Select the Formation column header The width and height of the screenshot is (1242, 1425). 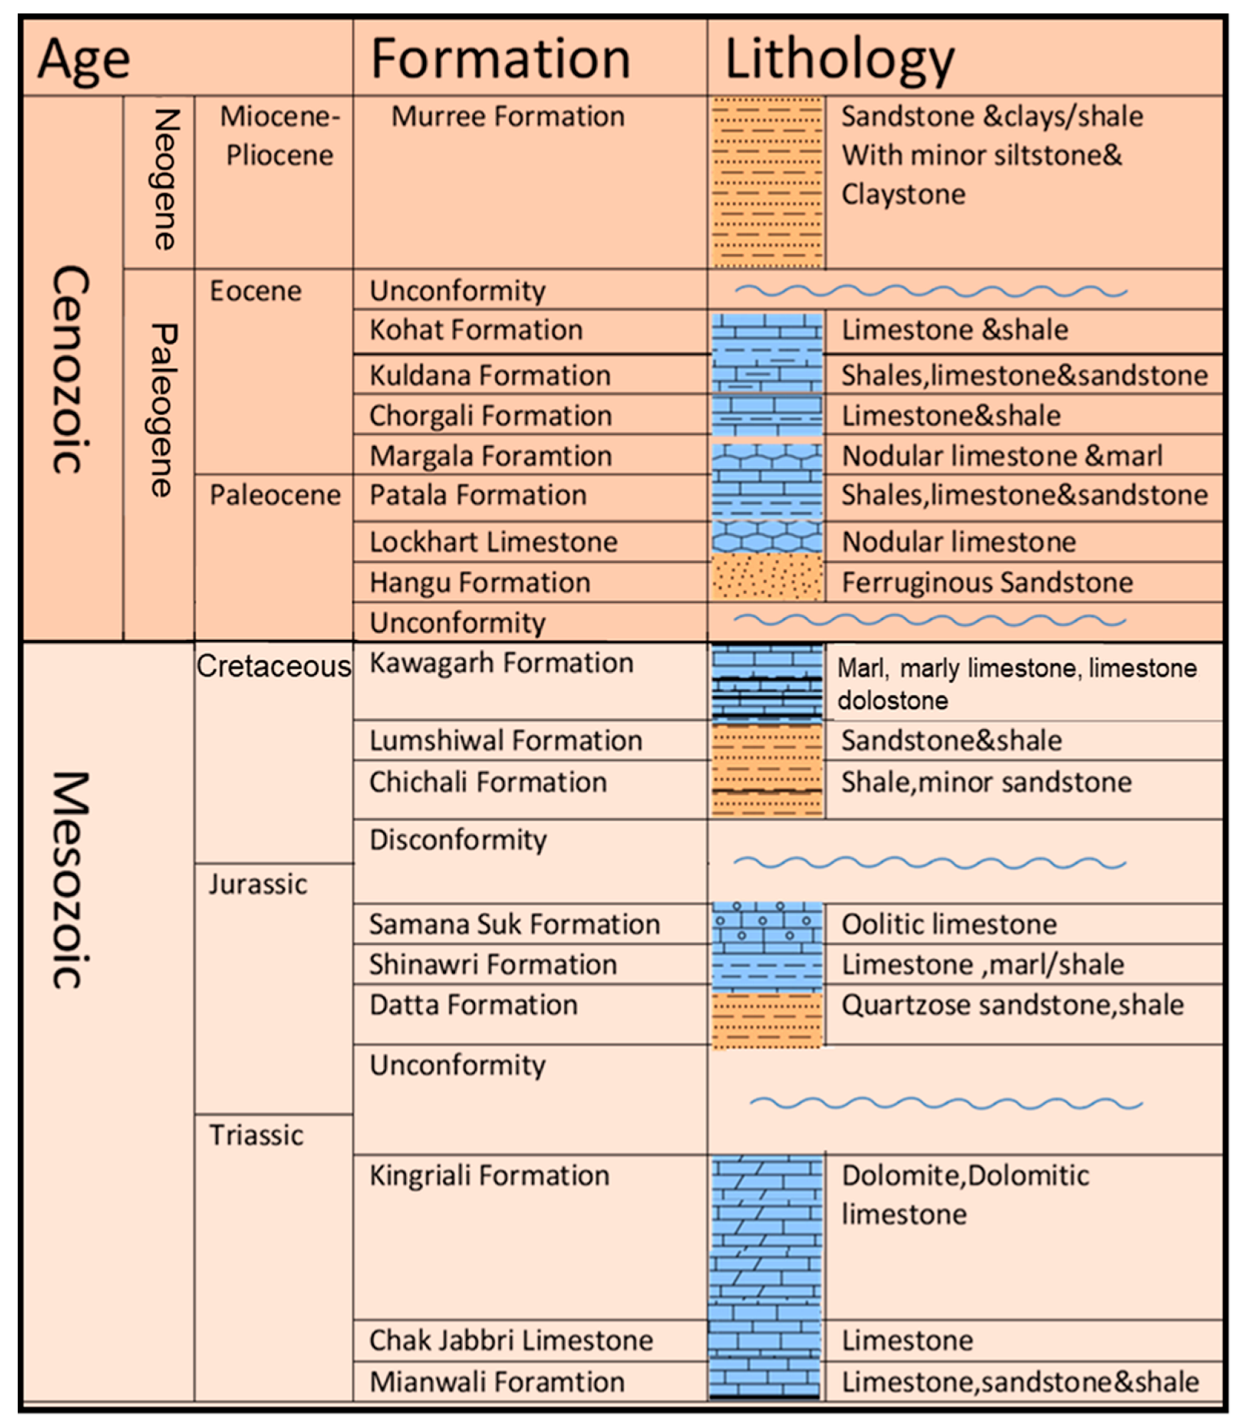click(501, 58)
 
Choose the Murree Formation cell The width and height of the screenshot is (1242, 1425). click(507, 116)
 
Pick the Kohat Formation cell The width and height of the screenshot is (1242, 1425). click(475, 330)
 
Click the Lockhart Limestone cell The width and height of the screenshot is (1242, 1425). click(493, 542)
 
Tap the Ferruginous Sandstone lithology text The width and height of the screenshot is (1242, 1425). click(987, 582)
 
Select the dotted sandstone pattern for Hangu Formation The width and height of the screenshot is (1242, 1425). click(767, 577)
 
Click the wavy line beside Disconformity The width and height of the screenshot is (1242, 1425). click(929, 863)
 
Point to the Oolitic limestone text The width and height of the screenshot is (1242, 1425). click(949, 924)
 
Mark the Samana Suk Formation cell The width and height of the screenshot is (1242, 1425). click(514, 924)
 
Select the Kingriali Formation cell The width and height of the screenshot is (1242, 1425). click(489, 1176)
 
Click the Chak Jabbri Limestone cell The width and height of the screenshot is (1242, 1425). click(511, 1340)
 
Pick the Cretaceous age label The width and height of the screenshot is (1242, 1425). click(274, 667)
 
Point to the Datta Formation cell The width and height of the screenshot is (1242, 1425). click(473, 1005)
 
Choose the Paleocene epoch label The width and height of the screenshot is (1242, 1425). click(275, 495)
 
